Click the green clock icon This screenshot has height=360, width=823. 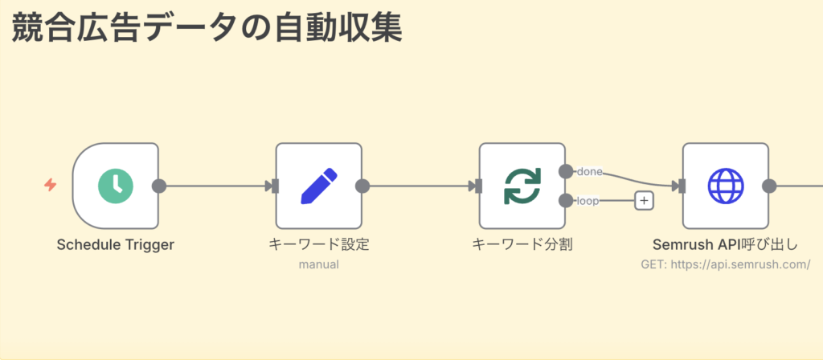pyautogui.click(x=116, y=186)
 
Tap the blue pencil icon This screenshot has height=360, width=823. pyautogui.click(x=319, y=186)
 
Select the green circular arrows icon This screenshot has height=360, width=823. pyautogui.click(x=522, y=186)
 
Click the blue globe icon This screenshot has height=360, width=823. pyautogui.click(x=726, y=186)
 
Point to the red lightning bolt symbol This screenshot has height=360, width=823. pyautogui.click(x=51, y=186)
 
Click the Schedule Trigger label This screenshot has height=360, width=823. pyautogui.click(x=116, y=244)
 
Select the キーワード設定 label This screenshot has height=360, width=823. pyautogui.click(x=319, y=244)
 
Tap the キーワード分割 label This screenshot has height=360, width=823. pyautogui.click(x=522, y=244)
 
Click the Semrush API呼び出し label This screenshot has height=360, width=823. pyautogui.click(x=726, y=244)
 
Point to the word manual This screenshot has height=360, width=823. pyautogui.click(x=319, y=264)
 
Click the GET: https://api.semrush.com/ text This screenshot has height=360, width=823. pyautogui.click(x=726, y=264)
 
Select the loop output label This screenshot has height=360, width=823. pyautogui.click(x=588, y=201)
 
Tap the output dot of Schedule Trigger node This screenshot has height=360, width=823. pyautogui.click(x=159, y=186)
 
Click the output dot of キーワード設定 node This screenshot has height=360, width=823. pyautogui.click(x=362, y=186)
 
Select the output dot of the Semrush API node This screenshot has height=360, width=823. pyautogui.click(x=769, y=186)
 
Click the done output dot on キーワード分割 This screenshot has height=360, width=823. pyautogui.click(x=566, y=171)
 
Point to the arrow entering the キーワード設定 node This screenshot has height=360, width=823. pyautogui.click(x=271, y=186)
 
